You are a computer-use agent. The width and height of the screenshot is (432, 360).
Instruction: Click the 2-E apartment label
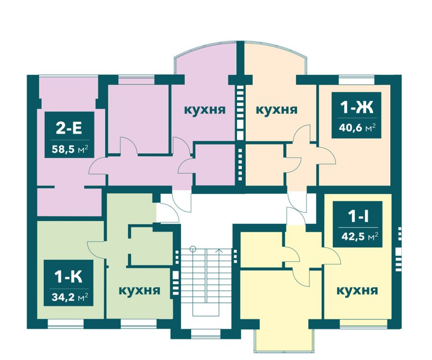(69, 128)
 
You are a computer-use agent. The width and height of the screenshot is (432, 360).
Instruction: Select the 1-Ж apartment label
(357, 107)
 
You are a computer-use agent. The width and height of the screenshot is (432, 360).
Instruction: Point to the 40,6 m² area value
(357, 128)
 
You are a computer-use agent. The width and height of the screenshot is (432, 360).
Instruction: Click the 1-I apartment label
(357, 216)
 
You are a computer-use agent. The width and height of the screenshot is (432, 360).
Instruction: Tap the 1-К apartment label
(68, 276)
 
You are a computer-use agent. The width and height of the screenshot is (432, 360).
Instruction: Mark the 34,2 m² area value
(70, 297)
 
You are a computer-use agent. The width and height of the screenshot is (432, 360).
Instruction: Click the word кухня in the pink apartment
(204, 109)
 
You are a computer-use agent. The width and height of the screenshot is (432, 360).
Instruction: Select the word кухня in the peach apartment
(276, 109)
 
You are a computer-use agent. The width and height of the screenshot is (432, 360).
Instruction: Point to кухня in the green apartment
(139, 290)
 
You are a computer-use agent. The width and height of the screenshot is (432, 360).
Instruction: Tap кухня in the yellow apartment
(357, 290)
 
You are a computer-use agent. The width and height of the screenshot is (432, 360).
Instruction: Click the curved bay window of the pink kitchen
(204, 49)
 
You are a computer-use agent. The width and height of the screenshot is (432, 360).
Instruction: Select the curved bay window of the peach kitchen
(276, 49)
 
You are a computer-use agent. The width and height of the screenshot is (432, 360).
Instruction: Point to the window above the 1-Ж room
(357, 79)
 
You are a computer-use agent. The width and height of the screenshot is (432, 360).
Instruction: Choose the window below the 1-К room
(66, 324)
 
